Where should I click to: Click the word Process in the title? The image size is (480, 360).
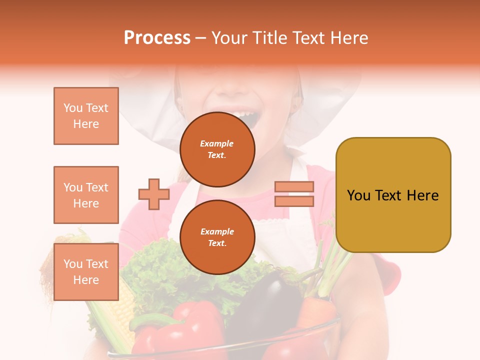coord(157,38)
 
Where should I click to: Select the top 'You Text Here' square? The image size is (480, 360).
coord(86,116)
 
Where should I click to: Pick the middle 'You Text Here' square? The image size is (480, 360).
coord(86,195)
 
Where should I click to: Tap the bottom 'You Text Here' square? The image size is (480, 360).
coord(86,271)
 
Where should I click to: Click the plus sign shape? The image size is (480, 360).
coord(154,194)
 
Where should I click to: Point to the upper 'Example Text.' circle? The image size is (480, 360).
coord(217,149)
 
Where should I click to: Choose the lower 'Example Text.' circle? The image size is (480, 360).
coord(217,237)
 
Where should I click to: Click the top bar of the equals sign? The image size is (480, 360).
coord(294,186)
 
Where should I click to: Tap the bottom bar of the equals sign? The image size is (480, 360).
coord(294,201)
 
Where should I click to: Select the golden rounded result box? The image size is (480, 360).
coord(393,194)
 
